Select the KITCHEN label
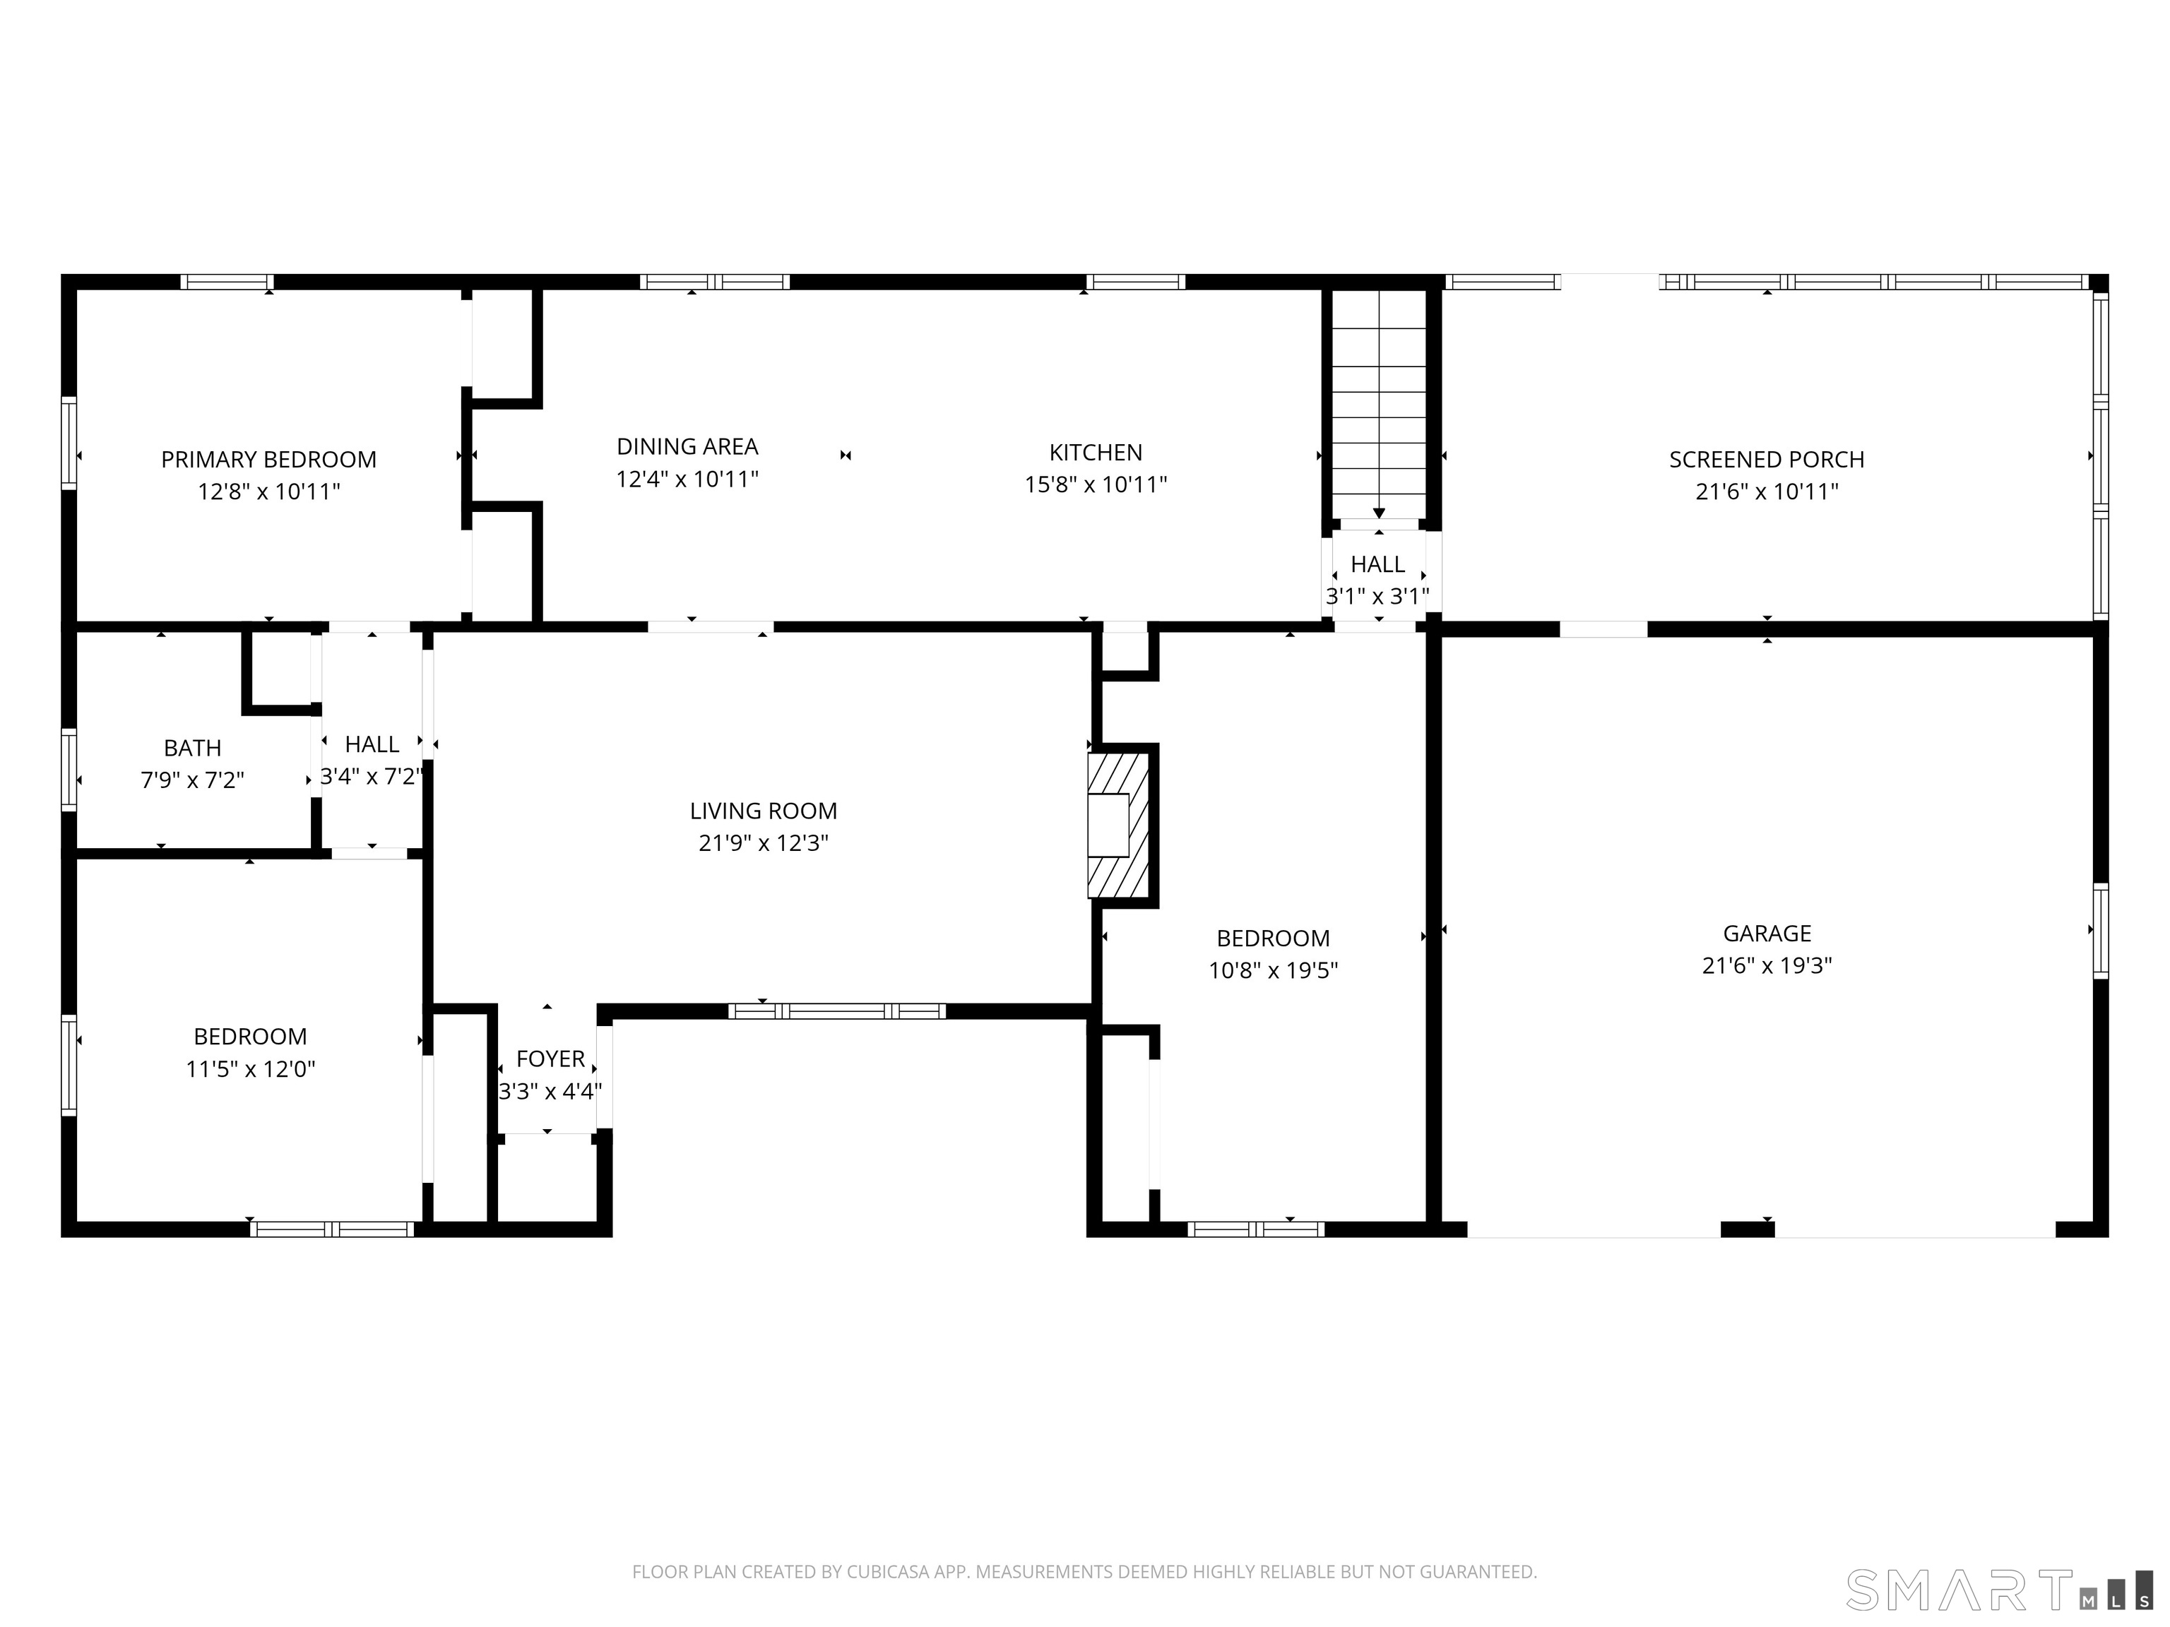click(x=1095, y=452)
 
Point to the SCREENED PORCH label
click(x=1766, y=459)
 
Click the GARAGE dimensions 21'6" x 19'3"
click(x=1766, y=965)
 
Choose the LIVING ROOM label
click(x=762, y=811)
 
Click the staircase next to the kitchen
click(x=1378, y=402)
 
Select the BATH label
click(x=192, y=749)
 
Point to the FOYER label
click(x=550, y=1059)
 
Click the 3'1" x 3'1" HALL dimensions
click(x=1377, y=596)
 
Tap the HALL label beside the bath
click(x=372, y=744)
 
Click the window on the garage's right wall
click(x=2100, y=931)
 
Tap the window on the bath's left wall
click(x=69, y=769)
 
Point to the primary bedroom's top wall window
click(x=227, y=282)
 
